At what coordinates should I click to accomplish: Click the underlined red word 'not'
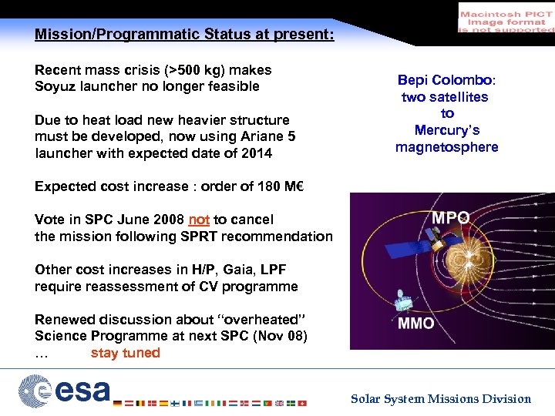point(198,220)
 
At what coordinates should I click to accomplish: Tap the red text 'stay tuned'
point(125,353)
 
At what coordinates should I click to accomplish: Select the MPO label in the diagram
point(450,218)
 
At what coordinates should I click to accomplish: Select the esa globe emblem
point(35,390)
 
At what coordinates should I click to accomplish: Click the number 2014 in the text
point(256,153)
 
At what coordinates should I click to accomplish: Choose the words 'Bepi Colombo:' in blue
point(446,80)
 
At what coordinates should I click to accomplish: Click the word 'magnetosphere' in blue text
point(446,147)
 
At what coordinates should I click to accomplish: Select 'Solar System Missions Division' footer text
point(441,398)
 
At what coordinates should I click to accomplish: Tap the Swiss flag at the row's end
point(301,402)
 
